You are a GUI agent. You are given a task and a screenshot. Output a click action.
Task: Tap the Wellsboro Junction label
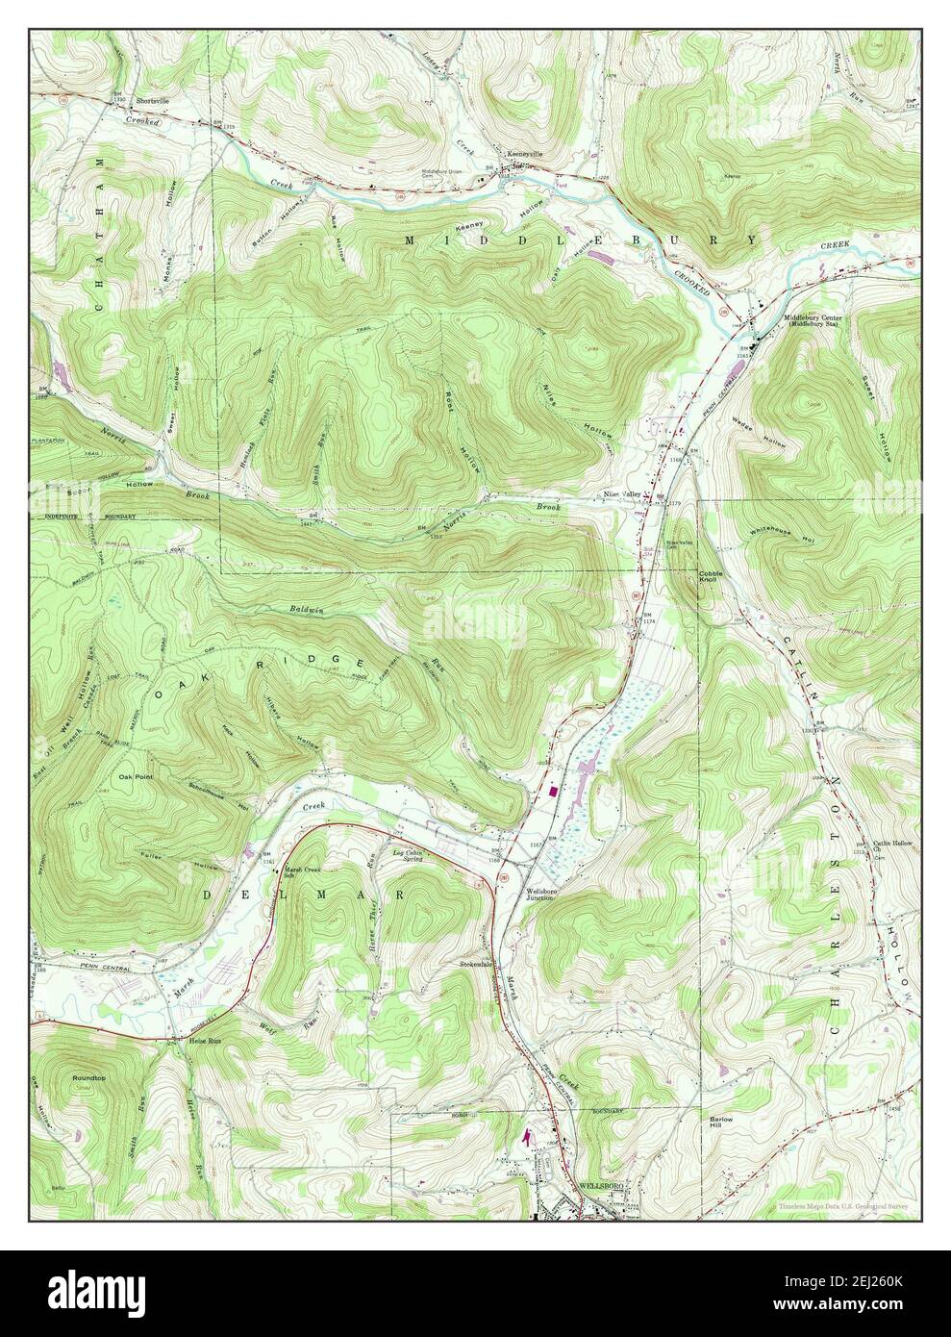click(539, 894)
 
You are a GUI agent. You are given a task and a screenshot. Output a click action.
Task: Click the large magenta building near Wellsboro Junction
click(553, 790)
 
